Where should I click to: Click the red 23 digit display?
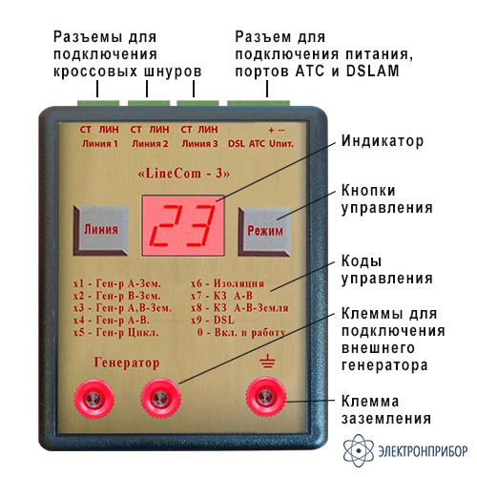coord(183,226)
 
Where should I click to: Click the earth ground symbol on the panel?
coord(267,362)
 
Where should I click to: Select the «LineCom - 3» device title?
coord(184,174)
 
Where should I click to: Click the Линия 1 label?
coord(100,144)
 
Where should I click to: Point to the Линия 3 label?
coord(199,144)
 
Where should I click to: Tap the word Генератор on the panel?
coord(127,363)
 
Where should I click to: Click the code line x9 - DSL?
coord(213,320)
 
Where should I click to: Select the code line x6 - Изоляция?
coord(227,283)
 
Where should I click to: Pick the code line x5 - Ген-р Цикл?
coord(115,333)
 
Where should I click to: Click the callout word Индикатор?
coord(383,141)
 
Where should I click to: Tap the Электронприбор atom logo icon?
coord(359,450)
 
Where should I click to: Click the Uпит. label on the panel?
coord(281,144)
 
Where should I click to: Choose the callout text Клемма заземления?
coord(386,409)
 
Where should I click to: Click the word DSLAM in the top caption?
coord(372,71)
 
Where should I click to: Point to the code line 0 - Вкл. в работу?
coord(241,333)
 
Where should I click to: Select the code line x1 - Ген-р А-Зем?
coord(117,283)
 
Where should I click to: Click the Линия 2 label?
coord(150,144)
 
